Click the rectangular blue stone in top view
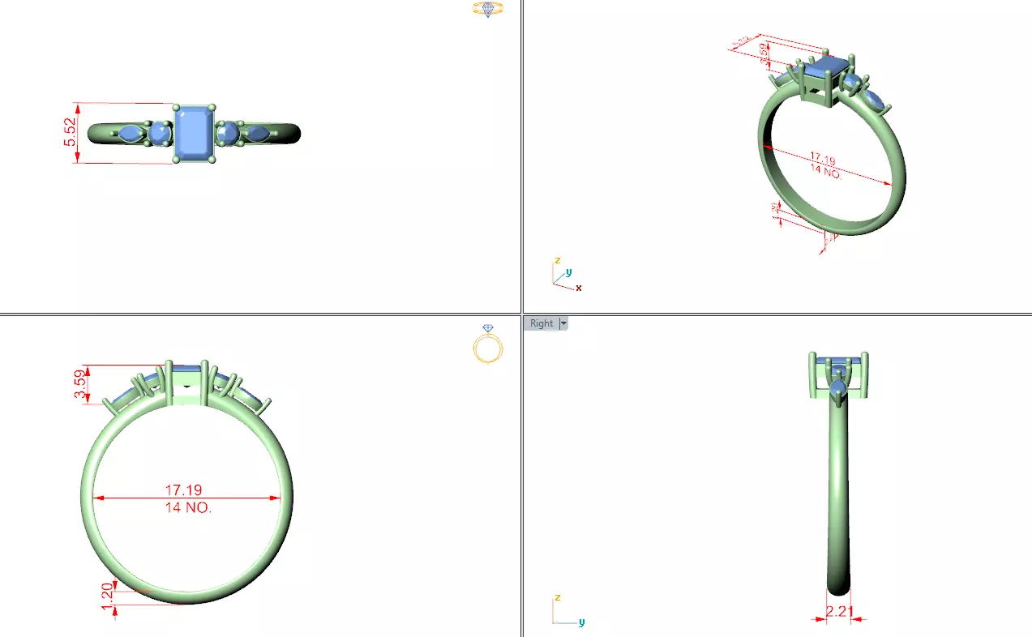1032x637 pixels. [195, 132]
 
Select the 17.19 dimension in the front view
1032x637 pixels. [183, 490]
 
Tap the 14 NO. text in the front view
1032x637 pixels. [187, 508]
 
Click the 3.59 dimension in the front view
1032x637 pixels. [79, 383]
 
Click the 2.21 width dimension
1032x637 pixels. [839, 611]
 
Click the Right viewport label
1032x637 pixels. [541, 323]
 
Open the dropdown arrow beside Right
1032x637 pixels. [563, 323]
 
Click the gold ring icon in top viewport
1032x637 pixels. [487, 9]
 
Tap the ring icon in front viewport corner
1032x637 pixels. [487, 344]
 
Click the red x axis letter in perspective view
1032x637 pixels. [579, 288]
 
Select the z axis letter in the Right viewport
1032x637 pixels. [557, 597]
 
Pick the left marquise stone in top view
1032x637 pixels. [130, 134]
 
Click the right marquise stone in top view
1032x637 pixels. [257, 133]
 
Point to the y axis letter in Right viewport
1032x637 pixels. [581, 622]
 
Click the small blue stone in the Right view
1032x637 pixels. [838, 395]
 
